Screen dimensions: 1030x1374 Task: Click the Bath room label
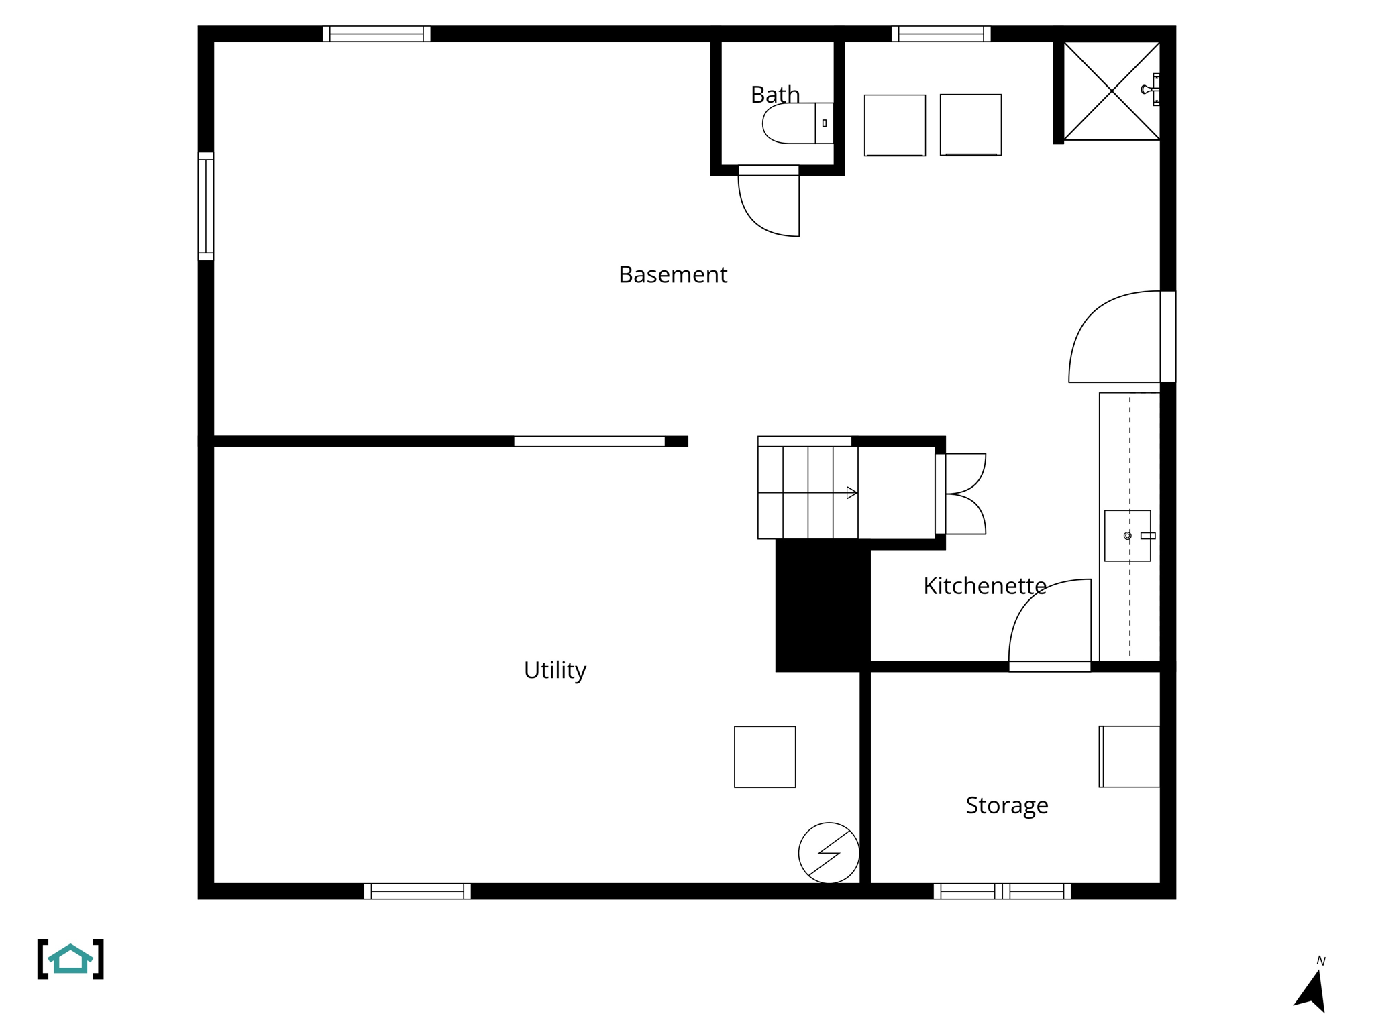point(775,95)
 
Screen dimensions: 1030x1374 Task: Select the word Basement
point(672,275)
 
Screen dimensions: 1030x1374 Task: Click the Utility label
point(555,670)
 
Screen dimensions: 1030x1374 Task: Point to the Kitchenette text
point(984,586)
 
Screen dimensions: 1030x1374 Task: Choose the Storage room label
point(1006,805)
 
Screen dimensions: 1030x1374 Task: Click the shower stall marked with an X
point(1112,91)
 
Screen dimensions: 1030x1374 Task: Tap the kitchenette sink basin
point(1127,536)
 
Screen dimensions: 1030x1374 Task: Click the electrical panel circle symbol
point(829,853)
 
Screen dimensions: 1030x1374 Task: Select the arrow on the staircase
point(851,493)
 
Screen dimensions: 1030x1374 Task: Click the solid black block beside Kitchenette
point(823,605)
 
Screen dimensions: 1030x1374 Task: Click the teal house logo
point(70,959)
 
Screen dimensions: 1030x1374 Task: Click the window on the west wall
point(206,206)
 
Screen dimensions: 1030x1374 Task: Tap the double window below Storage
point(1002,891)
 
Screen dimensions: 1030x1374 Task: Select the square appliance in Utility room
point(765,756)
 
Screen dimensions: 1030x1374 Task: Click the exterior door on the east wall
point(1167,337)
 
